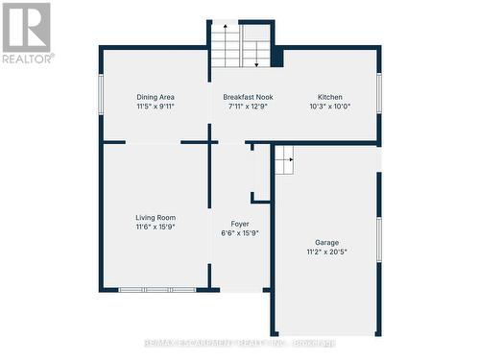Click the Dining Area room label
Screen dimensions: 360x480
coord(155,97)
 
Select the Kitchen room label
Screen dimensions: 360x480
coord(330,97)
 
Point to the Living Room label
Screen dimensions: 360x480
coord(155,218)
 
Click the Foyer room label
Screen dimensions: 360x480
coord(240,223)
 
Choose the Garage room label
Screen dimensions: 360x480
coord(326,242)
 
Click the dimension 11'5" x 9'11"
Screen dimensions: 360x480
coord(155,107)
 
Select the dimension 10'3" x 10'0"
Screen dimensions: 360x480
coord(330,107)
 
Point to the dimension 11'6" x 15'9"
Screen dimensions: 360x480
coord(155,228)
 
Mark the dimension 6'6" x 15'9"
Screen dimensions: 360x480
coord(240,232)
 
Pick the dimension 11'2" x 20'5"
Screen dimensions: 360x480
coord(326,252)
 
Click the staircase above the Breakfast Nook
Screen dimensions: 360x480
coord(241,44)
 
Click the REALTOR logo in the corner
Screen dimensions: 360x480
coord(27,33)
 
